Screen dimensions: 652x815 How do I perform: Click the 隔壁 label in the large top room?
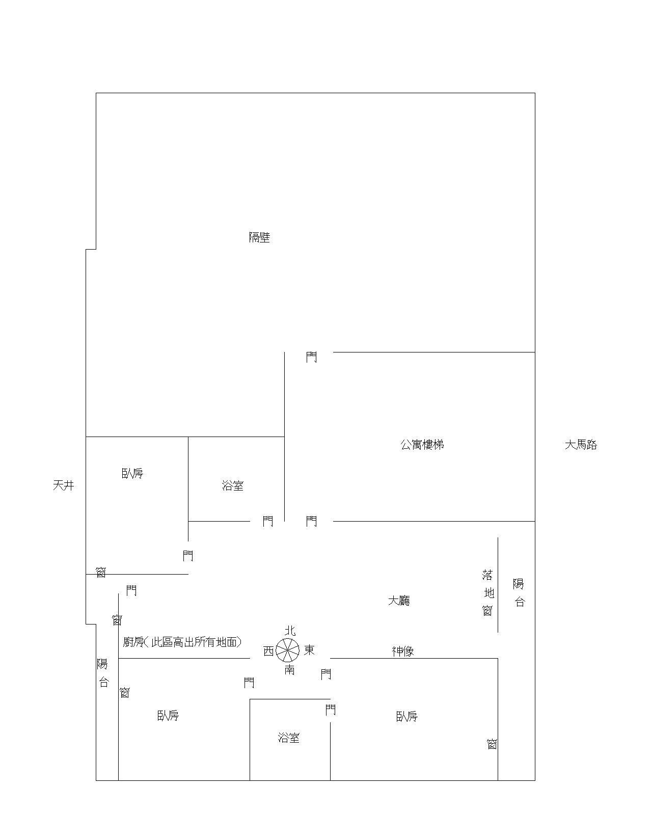259,237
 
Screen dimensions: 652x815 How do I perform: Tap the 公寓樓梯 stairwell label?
422,444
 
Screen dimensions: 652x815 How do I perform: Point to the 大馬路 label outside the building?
581,445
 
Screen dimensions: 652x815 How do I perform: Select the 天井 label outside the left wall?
63,485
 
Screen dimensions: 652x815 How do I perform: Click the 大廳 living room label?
399,600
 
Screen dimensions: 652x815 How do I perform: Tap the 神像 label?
403,651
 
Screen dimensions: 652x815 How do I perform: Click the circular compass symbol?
288,650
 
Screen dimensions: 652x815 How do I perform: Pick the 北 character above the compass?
290,631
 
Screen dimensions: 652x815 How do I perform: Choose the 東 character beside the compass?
309,650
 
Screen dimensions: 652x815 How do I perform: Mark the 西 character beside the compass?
268,651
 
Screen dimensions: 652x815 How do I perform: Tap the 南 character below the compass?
289,670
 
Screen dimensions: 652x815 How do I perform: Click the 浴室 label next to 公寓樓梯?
233,485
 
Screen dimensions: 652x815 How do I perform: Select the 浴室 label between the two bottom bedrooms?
289,738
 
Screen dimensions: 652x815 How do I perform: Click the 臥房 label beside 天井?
132,473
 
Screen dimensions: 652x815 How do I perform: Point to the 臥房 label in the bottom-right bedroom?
407,716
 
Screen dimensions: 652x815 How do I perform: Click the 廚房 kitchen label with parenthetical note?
182,641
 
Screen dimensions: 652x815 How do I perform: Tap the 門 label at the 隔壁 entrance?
311,357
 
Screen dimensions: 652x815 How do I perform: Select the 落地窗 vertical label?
488,593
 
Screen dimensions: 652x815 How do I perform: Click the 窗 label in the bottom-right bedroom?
492,745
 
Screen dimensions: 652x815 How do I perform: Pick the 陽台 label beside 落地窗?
519,593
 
